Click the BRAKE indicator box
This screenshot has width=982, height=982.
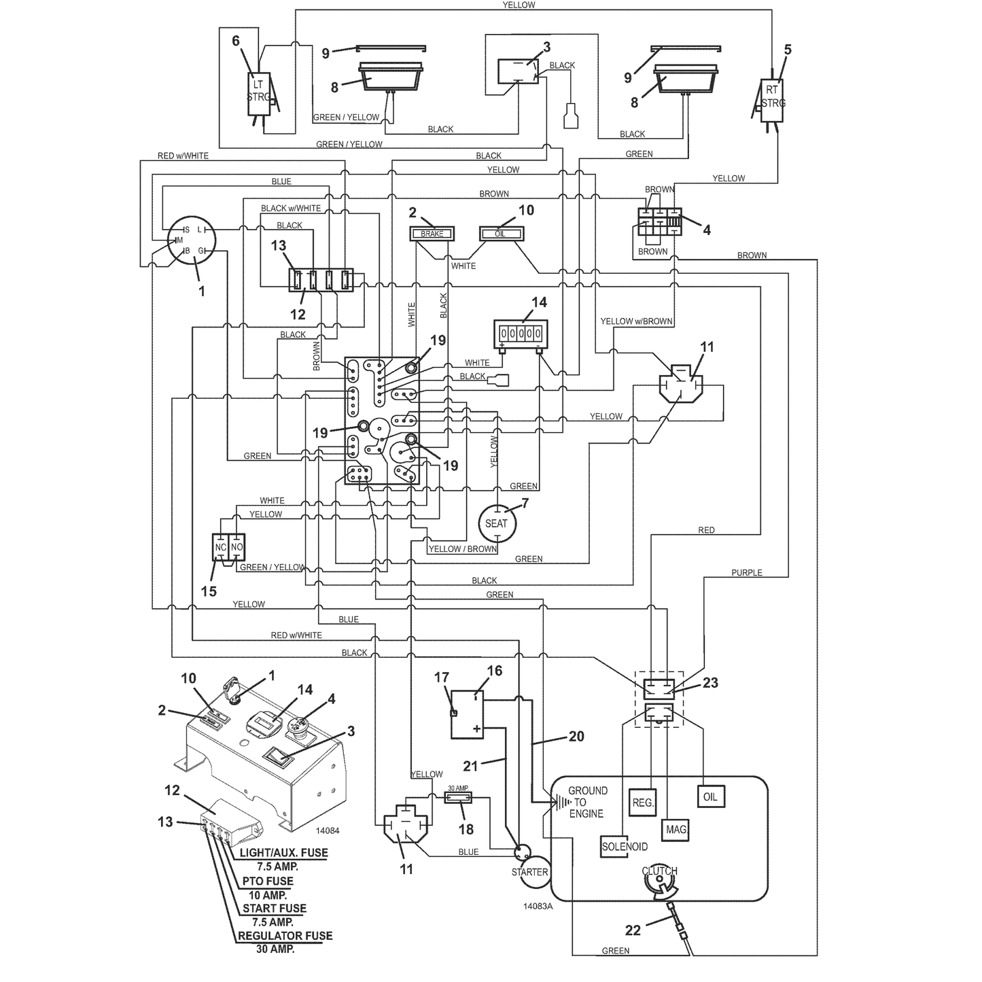[x=432, y=234]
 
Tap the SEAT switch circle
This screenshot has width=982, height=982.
[x=497, y=523]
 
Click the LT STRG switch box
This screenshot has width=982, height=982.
[x=258, y=94]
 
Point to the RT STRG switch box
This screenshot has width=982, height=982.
[x=772, y=101]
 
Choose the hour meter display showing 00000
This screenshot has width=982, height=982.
[x=521, y=334]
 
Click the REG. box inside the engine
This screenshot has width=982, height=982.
[x=643, y=803]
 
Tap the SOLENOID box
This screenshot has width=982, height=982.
[x=625, y=847]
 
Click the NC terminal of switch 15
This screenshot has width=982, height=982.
[x=220, y=547]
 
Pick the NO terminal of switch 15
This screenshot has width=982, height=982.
[x=237, y=547]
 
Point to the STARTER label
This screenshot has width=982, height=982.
[x=530, y=872]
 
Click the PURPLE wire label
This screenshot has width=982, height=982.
[x=747, y=573]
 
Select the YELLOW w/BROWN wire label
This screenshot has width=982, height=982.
[x=637, y=321]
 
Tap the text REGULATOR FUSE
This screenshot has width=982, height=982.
[x=285, y=936]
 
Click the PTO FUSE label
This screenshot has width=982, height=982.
[x=268, y=881]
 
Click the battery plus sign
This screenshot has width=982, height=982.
[x=476, y=729]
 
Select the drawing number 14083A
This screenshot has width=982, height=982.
[x=538, y=907]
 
